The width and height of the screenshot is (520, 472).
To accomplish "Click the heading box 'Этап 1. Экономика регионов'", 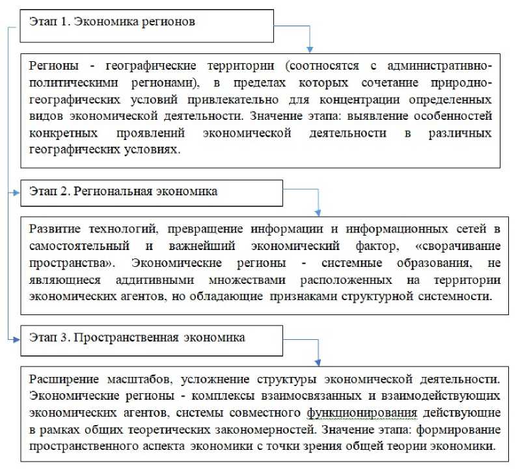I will pos(149,24).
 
